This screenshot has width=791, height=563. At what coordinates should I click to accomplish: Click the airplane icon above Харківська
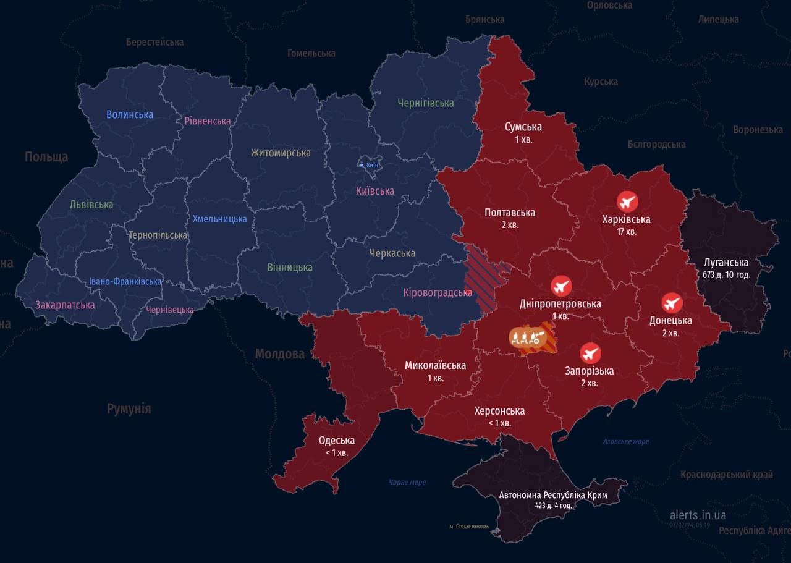coord(627,201)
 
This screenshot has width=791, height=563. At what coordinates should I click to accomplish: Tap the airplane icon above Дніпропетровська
coord(561,286)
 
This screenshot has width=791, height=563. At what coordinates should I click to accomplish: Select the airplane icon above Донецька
coord(672,303)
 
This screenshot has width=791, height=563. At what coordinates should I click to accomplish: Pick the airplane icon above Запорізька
coord(590,353)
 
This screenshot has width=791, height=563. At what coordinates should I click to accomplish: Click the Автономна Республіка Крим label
coord(553,495)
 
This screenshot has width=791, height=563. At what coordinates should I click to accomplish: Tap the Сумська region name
coord(523,127)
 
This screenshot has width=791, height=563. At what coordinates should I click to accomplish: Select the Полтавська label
coord(510,213)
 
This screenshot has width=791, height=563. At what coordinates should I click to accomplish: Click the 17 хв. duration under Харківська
coord(626,232)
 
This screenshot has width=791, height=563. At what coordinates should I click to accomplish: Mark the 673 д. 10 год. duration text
coord(726,274)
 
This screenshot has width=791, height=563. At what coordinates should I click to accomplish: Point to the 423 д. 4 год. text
coord(553,506)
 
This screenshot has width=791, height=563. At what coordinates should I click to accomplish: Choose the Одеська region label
coord(336,441)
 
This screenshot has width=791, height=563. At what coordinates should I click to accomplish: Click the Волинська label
coord(130,114)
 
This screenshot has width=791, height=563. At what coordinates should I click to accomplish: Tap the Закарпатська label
coord(65,305)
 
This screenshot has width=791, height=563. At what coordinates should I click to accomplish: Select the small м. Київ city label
coord(370,165)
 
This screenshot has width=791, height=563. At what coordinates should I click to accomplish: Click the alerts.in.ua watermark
coord(698,515)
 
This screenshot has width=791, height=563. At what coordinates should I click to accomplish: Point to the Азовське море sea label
coord(626,441)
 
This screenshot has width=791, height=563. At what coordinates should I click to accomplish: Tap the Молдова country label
coord(280,354)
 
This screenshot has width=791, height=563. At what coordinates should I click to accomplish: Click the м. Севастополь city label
coord(469,527)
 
